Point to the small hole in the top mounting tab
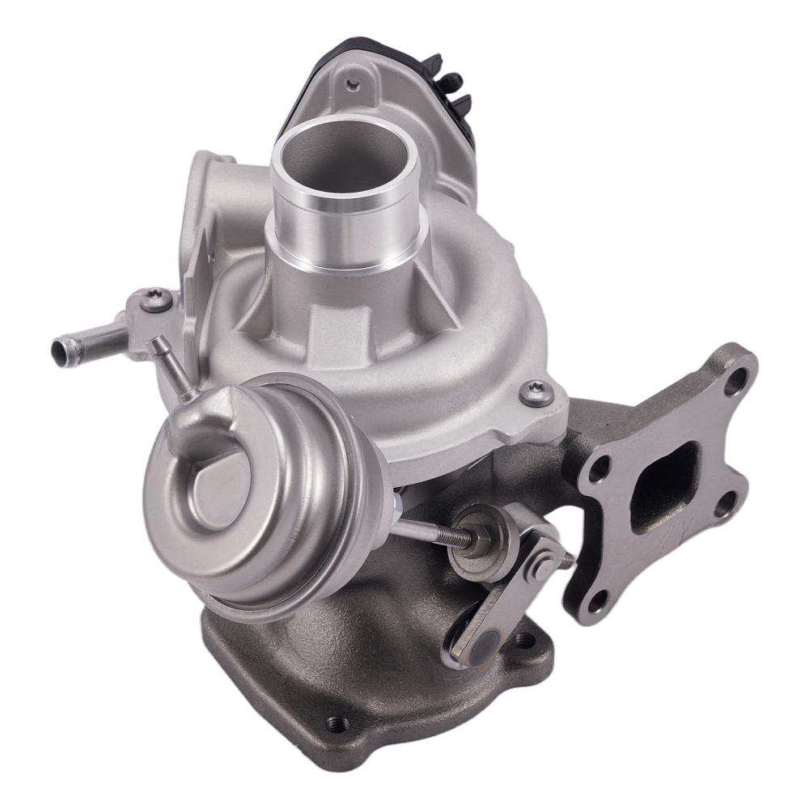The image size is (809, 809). click(353, 83)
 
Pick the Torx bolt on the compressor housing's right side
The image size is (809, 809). click(536, 393)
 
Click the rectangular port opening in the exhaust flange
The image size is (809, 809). click(664, 485)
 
